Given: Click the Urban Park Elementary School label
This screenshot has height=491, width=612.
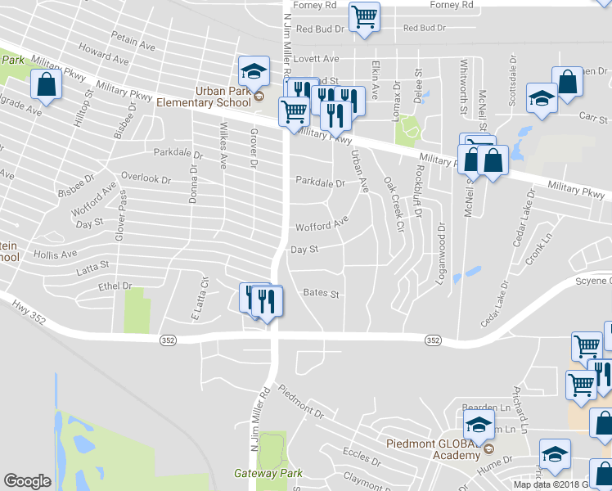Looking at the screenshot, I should (204, 97).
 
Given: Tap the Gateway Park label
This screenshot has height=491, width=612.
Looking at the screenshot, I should (268, 473).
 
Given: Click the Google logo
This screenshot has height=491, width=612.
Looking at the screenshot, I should (27, 481).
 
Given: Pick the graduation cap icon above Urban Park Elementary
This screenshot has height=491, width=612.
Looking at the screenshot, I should (254, 71).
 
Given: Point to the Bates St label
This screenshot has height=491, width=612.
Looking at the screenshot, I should (321, 292).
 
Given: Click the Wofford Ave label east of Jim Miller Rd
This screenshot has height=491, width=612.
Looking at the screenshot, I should (322, 223).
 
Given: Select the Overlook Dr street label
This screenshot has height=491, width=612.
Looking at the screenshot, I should (146, 177).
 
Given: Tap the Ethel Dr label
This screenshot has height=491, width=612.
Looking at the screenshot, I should (115, 286).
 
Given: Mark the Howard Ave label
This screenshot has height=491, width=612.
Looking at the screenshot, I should (104, 58).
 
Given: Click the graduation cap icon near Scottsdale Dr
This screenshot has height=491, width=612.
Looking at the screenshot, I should (541, 98).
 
